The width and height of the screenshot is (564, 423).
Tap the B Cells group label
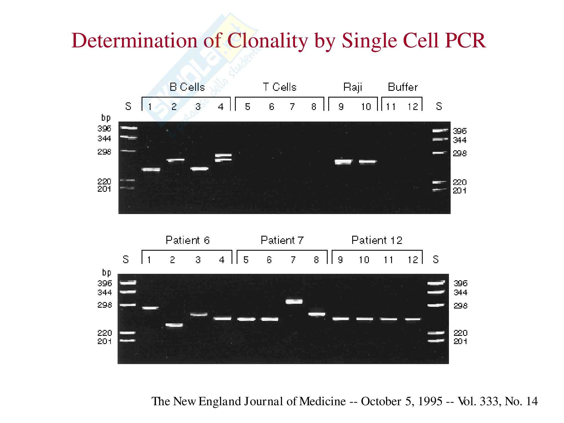(x=187, y=87)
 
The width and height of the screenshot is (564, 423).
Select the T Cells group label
(x=280, y=87)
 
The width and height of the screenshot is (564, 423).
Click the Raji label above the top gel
(x=352, y=87)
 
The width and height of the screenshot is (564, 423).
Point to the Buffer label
(x=402, y=87)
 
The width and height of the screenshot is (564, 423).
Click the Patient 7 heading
(x=282, y=240)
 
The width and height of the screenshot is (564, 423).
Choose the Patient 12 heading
(x=377, y=240)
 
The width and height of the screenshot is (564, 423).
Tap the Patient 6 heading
(x=188, y=240)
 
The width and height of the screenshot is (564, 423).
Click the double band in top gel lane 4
(x=223, y=157)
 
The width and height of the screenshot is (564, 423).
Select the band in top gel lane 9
(x=343, y=162)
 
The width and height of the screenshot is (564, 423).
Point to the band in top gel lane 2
(x=175, y=160)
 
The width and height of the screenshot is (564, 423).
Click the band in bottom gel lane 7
(x=294, y=301)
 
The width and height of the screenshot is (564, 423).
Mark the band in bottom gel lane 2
(x=174, y=325)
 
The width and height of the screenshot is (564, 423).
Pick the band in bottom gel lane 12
(x=413, y=319)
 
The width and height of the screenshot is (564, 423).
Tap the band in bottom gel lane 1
(x=150, y=308)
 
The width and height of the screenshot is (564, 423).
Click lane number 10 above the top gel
(x=366, y=107)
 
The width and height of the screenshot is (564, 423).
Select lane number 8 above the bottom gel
(x=316, y=260)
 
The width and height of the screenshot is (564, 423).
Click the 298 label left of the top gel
(x=104, y=152)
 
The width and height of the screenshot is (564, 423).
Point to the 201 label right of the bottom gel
(x=460, y=342)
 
